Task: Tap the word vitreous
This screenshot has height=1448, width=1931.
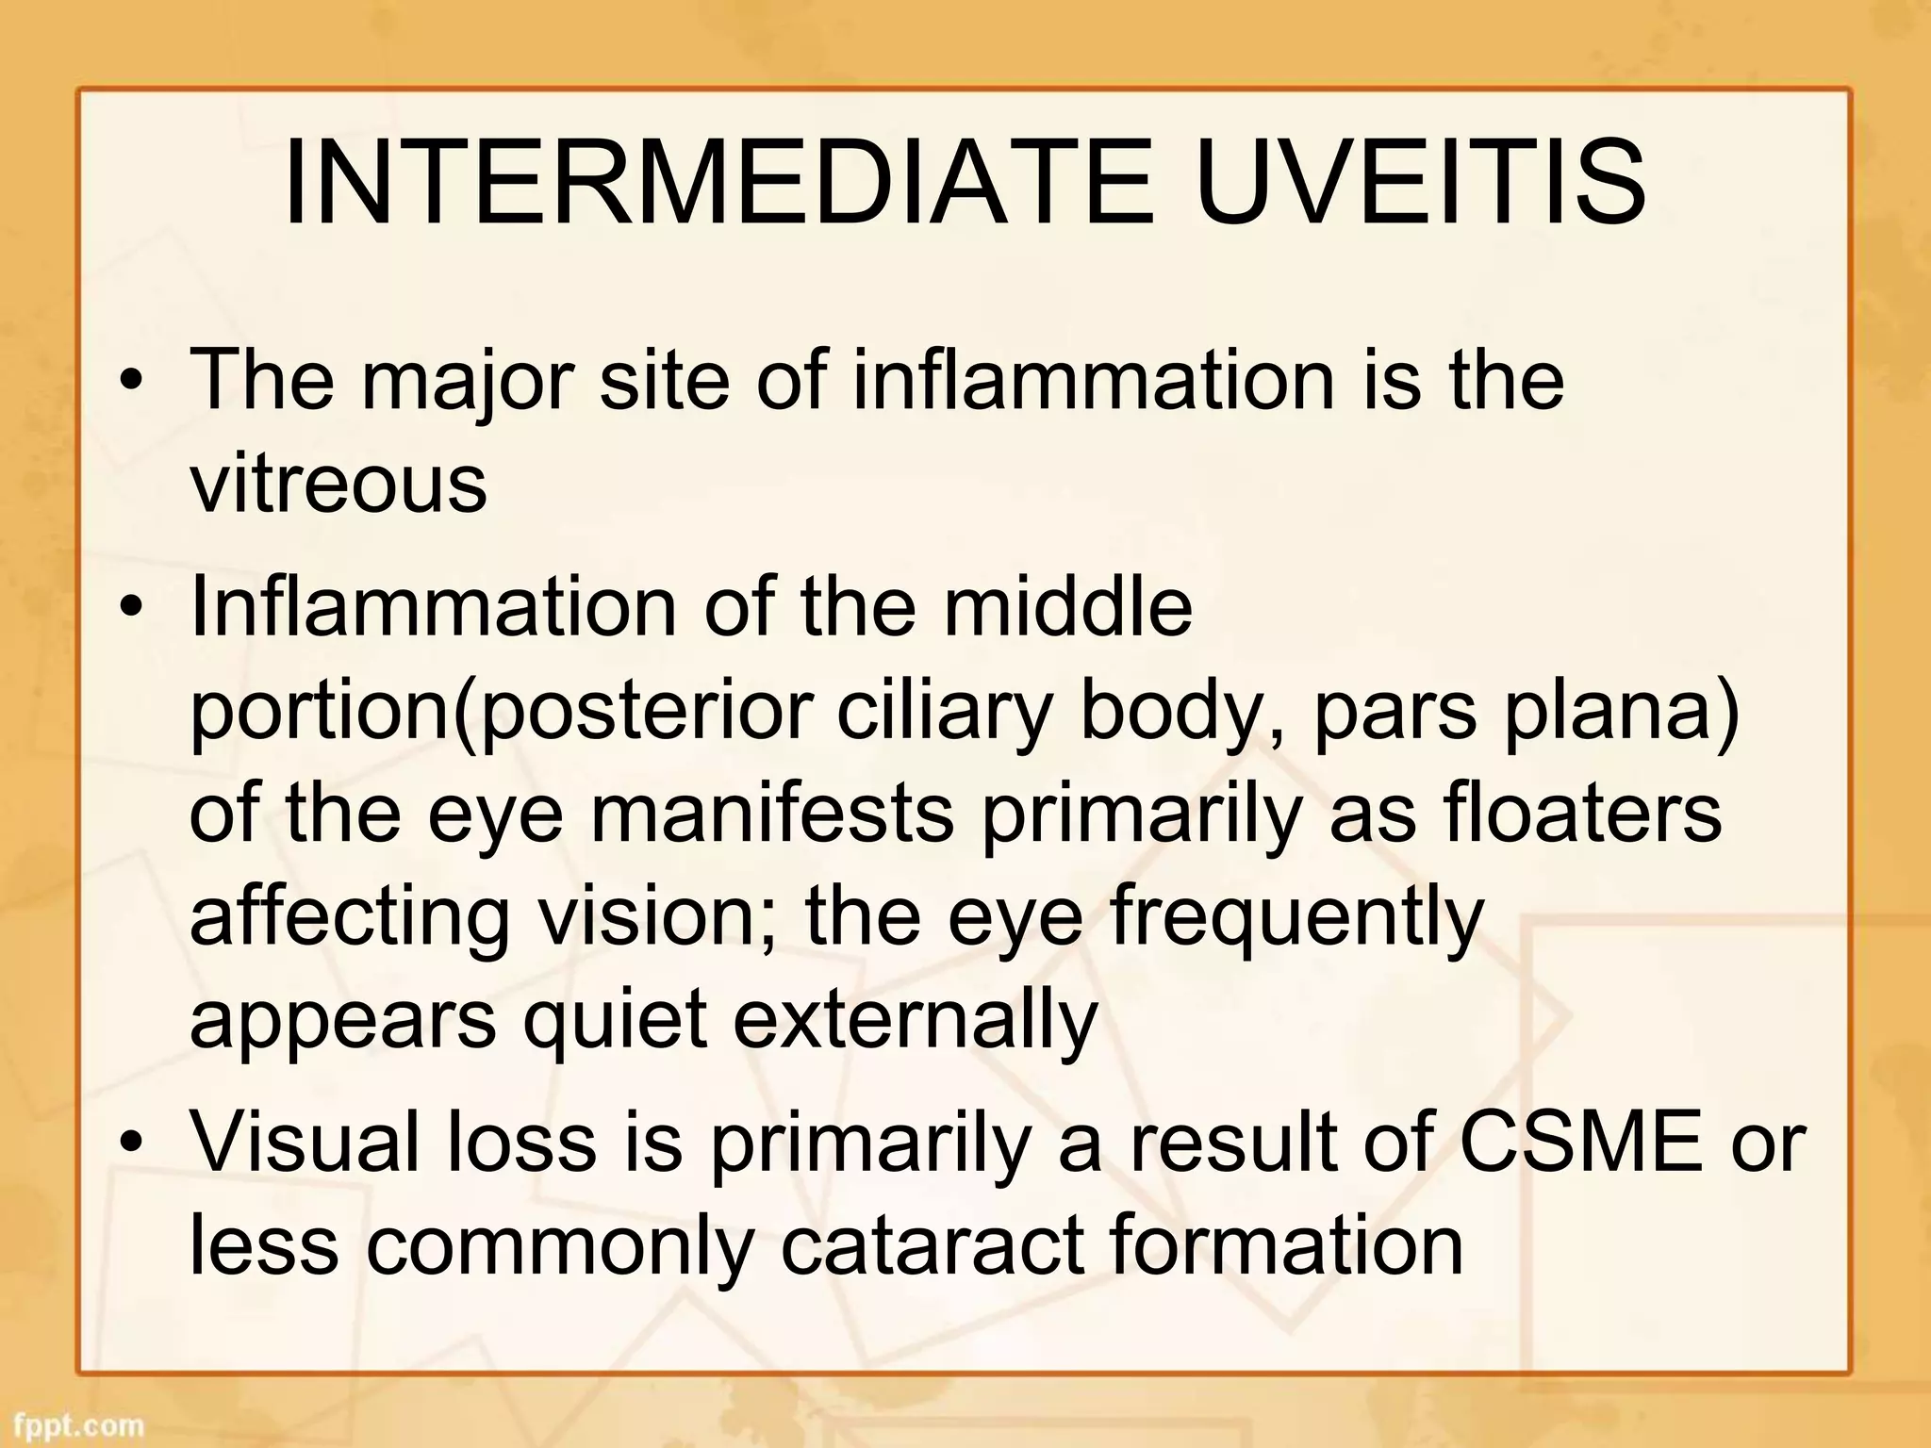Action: pyautogui.click(x=338, y=484)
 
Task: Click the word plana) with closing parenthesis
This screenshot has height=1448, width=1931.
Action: pyautogui.click(x=1621, y=712)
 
